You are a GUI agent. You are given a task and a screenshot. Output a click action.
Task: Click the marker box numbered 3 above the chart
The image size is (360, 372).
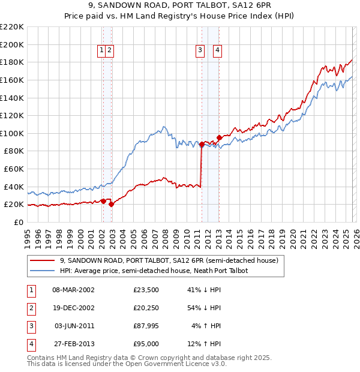199,51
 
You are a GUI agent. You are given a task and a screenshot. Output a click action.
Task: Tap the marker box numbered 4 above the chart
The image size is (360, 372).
217,51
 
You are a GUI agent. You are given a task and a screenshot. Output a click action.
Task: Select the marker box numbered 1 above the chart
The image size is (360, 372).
102,51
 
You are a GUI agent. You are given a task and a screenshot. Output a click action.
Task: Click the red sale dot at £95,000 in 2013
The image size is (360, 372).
220,137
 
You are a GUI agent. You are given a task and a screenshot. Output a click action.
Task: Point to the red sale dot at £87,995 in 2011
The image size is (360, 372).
202,144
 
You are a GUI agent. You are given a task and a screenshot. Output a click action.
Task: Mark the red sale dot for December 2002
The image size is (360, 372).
112,204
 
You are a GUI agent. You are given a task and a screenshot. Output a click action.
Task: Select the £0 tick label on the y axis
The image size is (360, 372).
18,222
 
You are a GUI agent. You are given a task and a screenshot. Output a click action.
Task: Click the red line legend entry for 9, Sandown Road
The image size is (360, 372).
169,261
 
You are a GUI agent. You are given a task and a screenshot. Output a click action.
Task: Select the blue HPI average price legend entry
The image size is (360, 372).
154,271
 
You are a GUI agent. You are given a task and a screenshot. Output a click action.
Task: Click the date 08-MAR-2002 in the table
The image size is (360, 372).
73,290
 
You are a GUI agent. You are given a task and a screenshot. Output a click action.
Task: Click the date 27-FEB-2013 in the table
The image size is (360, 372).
73,344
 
